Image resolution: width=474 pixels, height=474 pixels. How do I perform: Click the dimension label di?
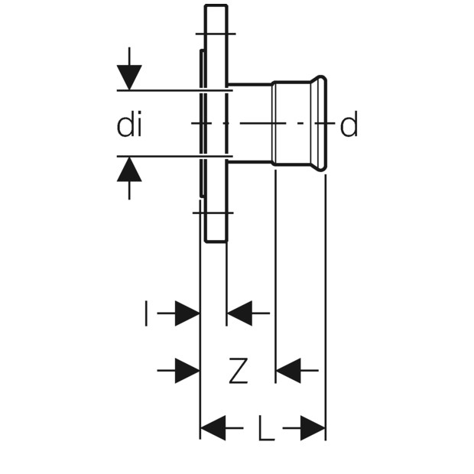coord(129,125)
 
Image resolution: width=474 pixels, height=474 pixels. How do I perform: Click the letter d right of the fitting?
coord(349,125)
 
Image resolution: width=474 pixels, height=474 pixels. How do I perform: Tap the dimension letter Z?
coord(239,370)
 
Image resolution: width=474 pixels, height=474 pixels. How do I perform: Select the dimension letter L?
coord(266,428)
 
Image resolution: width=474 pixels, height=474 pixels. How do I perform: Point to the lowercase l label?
coord(146,313)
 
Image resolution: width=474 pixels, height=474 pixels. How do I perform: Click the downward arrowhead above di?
coord(129,77)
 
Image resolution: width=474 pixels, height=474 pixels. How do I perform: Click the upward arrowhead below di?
coord(129,169)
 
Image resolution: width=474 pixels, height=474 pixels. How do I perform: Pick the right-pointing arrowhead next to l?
coord(187,313)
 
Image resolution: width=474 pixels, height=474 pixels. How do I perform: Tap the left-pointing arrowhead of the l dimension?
coord(239,313)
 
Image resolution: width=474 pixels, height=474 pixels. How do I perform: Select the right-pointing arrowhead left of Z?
coord(187,370)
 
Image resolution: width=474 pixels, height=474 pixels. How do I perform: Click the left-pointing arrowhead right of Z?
coord(289,370)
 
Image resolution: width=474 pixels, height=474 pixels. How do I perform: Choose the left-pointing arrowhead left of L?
coord(213,428)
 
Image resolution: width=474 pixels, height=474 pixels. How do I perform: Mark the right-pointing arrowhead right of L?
coord(313,428)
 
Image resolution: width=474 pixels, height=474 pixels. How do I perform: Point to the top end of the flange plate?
coord(216,5)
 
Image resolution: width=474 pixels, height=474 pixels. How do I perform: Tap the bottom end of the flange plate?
coord(216,241)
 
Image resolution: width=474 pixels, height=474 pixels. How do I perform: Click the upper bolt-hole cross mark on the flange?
coord(216,34)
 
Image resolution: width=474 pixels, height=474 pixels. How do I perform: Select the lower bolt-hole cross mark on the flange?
coord(213,213)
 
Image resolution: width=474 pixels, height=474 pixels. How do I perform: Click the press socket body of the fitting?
coord(292,123)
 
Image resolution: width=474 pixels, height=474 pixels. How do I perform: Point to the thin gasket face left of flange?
coord(202,123)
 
